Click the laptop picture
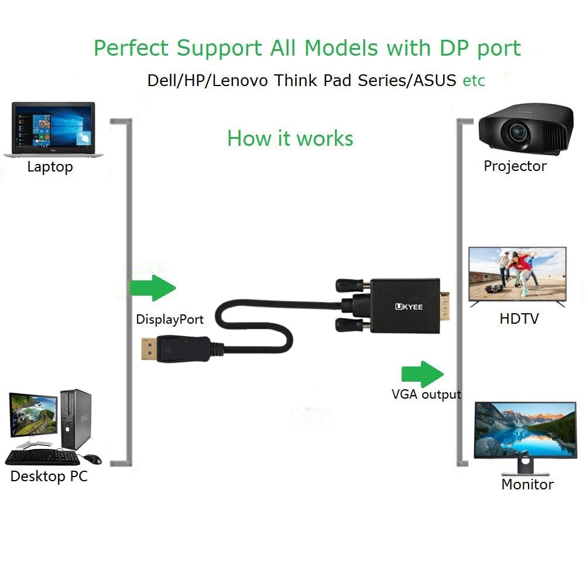coord(53,129)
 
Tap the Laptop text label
coord(50,167)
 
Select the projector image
coord(523,129)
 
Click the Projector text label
coord(515,166)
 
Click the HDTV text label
coord(519,319)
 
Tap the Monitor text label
coord(527,485)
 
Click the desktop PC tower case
coord(76,419)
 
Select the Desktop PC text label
coord(49,477)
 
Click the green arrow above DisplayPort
coord(153,287)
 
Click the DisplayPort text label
coord(170,320)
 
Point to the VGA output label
coord(426,395)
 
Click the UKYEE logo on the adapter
coord(404,306)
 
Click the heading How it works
coord(290,139)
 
